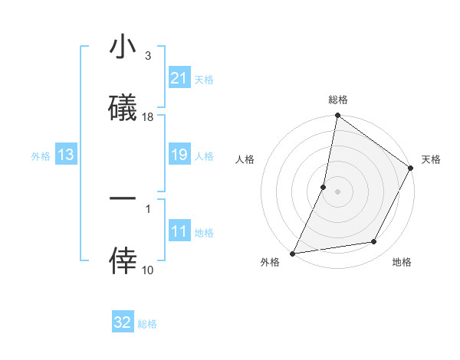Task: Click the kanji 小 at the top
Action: pyautogui.click(x=123, y=48)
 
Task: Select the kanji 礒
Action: pyautogui.click(x=123, y=108)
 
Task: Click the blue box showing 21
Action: pyautogui.click(x=179, y=78)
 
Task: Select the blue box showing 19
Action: pyautogui.click(x=179, y=155)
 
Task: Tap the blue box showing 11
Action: pyautogui.click(x=179, y=232)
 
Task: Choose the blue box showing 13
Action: pyautogui.click(x=66, y=155)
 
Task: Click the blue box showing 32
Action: pyautogui.click(x=123, y=323)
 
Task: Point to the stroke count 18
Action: pyautogui.click(x=148, y=117)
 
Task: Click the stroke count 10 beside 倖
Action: pyautogui.click(x=148, y=270)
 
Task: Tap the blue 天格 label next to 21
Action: pyautogui.click(x=204, y=79)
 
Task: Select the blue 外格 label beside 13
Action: pyautogui.click(x=41, y=156)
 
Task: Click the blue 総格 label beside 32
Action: pyautogui.click(x=147, y=324)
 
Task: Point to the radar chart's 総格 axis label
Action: pyautogui.click(x=338, y=100)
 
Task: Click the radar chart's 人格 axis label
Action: pyautogui.click(x=245, y=159)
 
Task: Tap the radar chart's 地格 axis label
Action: pyautogui.click(x=402, y=263)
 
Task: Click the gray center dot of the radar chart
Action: pyautogui.click(x=337, y=191)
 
